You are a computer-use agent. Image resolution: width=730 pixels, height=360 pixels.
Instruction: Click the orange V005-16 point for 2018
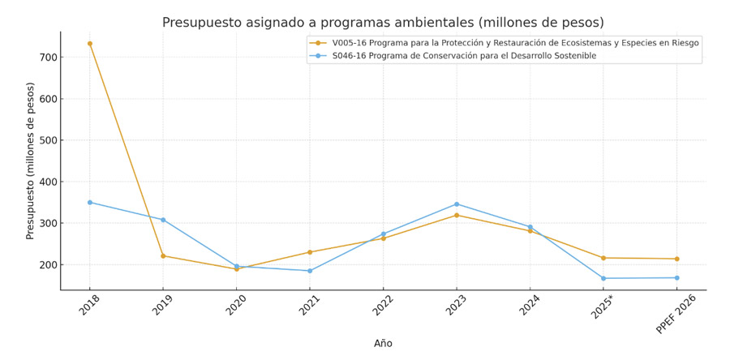(90, 44)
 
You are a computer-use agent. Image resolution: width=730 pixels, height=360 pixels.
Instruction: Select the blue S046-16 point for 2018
(90, 203)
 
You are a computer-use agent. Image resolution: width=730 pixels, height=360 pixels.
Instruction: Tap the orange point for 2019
(163, 256)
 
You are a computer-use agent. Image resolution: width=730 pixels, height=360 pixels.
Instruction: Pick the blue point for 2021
(310, 271)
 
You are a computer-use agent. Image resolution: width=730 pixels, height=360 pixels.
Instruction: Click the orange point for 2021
(310, 252)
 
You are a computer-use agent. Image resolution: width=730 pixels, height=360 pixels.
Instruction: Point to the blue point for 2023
(457, 204)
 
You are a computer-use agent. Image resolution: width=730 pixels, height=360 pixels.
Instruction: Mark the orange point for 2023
(457, 215)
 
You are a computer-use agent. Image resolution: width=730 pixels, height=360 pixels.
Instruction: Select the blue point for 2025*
(603, 278)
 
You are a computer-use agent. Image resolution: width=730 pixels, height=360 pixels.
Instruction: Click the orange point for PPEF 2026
(676, 259)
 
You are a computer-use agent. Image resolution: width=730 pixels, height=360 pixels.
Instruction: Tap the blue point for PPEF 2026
(676, 278)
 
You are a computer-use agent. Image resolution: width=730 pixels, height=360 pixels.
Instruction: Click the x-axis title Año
(383, 344)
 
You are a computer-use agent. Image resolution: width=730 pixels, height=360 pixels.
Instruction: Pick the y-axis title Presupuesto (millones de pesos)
(31, 161)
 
